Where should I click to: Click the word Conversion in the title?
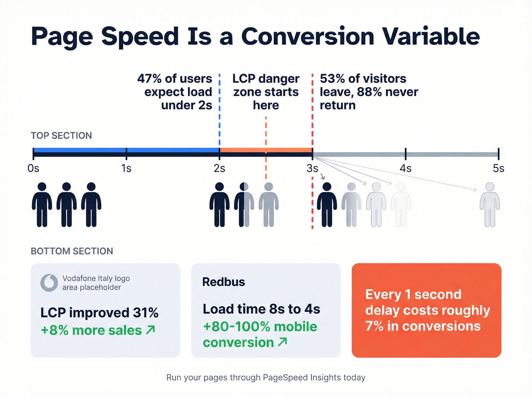tap(308, 37)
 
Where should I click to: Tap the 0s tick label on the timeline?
tap(33, 168)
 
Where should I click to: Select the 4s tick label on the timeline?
tap(405, 168)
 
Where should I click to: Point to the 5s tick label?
tap(498, 168)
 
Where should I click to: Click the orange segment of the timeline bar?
tap(266, 150)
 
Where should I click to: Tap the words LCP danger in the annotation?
tap(266, 79)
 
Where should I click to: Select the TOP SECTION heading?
tap(61, 136)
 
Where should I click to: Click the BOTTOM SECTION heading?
tap(72, 251)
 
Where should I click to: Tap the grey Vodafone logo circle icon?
tap(49, 283)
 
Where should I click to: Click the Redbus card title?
tap(223, 282)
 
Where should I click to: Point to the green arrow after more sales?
tap(150, 330)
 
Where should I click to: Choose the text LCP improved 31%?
tap(99, 313)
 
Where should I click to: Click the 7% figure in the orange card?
tap(374, 326)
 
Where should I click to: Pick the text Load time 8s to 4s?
tap(261, 309)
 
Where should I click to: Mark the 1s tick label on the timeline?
tap(126, 168)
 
